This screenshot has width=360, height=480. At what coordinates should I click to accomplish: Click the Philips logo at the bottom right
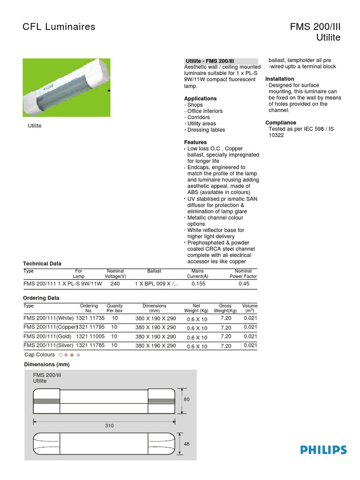[323, 450]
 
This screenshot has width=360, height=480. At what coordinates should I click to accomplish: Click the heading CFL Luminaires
[59, 27]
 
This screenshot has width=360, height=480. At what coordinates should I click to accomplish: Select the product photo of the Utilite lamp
[67, 88]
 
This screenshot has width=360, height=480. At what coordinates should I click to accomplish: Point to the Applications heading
[200, 98]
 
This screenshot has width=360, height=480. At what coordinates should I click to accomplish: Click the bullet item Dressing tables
[206, 130]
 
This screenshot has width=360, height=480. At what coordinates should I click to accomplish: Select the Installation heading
[280, 79]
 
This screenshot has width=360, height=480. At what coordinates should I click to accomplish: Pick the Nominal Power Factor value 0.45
[243, 284]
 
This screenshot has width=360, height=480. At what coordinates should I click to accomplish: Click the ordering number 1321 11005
[89, 337]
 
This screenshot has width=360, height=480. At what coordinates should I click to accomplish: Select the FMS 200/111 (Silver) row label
[48, 345]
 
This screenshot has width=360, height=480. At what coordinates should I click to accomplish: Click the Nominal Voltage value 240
[115, 284]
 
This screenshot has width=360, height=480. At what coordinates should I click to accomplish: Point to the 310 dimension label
[109, 426]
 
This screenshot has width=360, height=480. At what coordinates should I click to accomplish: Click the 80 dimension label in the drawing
[187, 399]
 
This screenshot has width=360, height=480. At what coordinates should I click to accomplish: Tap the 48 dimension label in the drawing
[187, 444]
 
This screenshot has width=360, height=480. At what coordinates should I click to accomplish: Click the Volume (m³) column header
[250, 308]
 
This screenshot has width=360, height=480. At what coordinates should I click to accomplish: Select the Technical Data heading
[42, 263]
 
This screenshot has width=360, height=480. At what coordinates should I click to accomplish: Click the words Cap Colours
[39, 355]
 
